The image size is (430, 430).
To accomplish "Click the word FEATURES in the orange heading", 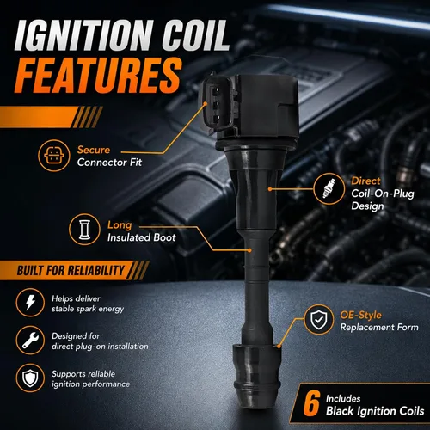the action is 98,75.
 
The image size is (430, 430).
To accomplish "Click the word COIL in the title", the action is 196,35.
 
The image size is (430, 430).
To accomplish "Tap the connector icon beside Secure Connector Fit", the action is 54,156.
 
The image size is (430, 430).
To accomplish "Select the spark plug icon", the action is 329,188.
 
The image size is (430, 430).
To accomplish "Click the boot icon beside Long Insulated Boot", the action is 84,230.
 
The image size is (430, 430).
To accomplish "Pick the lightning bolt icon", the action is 30,303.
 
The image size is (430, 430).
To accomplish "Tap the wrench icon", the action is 30,341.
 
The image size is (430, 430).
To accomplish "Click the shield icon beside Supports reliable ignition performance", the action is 30,378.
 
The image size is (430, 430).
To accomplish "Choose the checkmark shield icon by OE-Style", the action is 318,320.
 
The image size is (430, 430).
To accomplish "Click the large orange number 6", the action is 311,404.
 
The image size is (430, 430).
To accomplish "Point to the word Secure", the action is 94,150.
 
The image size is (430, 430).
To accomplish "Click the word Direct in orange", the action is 365,181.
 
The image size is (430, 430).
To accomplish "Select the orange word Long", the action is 120,225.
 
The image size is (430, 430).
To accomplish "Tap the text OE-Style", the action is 361,315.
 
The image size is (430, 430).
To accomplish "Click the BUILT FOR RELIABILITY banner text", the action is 71,270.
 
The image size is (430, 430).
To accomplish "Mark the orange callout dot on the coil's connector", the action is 206,104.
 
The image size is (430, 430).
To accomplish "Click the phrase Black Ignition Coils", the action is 375,411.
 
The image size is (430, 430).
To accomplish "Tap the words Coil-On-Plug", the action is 383,193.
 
